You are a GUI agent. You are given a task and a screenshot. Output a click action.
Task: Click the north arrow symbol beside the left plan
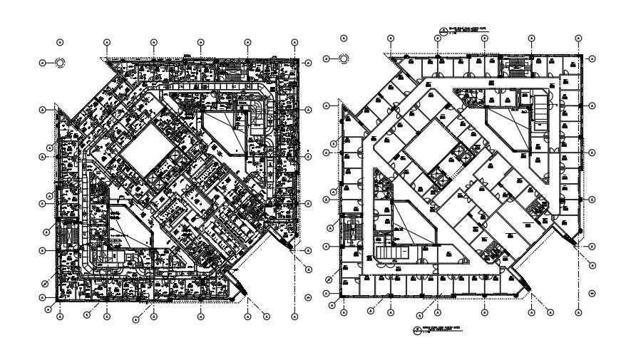coord(60,63)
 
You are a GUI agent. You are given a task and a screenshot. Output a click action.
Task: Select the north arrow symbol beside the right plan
coord(344,58)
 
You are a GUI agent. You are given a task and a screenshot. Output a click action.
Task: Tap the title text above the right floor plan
coord(466,31)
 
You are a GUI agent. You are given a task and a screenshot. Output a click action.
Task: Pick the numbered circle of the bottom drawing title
coord(419,330)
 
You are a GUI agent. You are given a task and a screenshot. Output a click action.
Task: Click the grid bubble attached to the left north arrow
coord(43,63)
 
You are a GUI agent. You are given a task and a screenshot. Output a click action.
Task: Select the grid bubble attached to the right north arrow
coord(327,58)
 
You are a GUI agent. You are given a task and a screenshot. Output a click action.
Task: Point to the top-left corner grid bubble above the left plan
coord(61,41)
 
